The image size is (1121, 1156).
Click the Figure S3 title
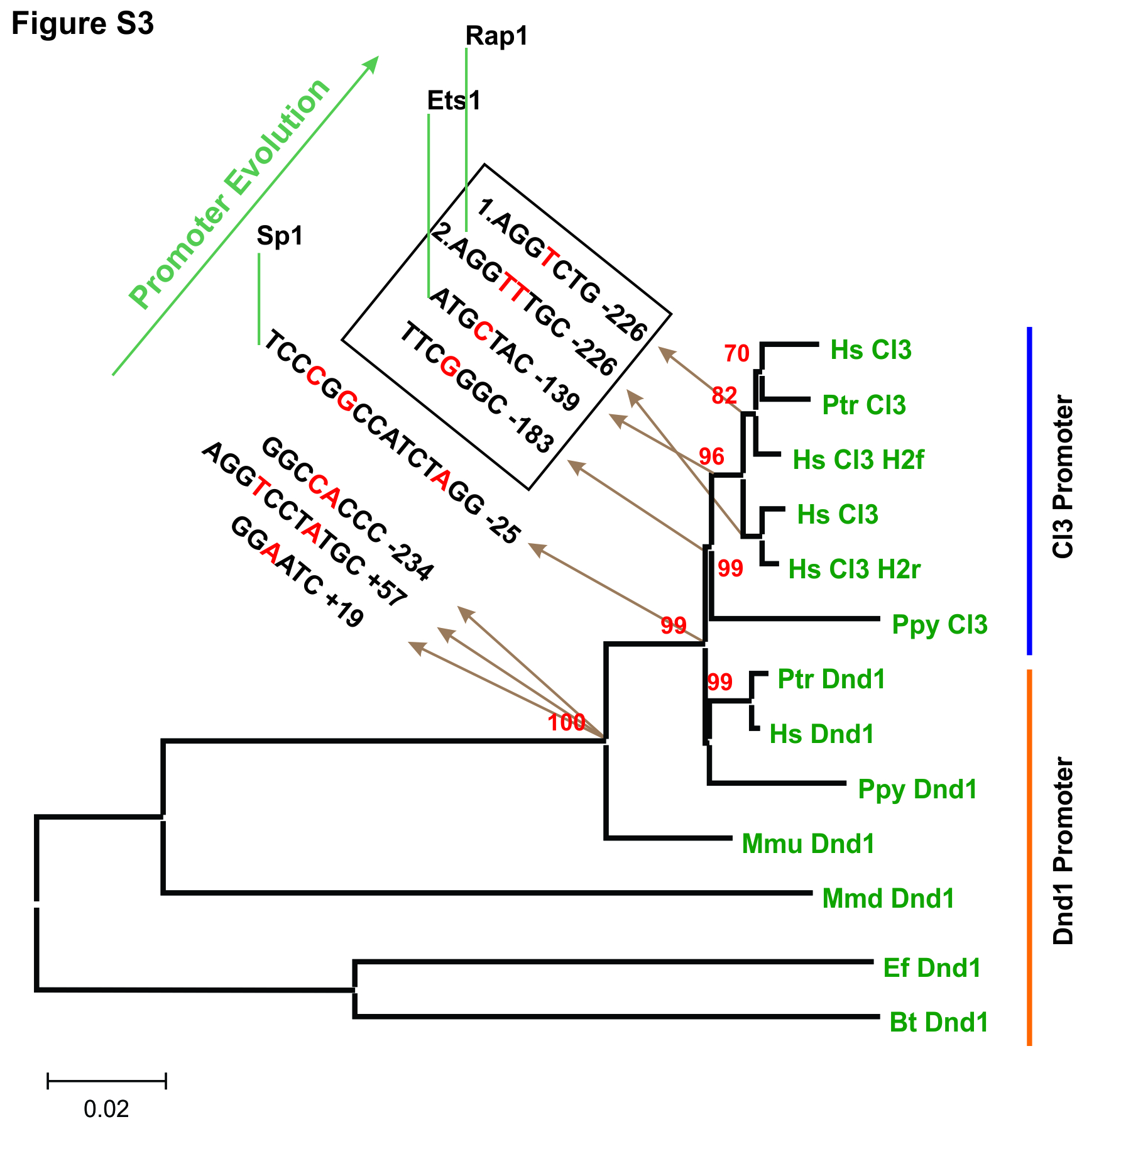click(82, 24)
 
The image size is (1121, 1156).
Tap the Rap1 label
click(496, 36)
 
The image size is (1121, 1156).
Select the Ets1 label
click(454, 101)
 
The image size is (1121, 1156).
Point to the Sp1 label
click(280, 236)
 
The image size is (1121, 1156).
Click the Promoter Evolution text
click(229, 194)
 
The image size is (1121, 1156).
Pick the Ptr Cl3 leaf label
click(864, 405)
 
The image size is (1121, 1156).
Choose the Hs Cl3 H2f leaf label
click(858, 460)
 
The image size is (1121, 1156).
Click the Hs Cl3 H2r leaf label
click(854, 570)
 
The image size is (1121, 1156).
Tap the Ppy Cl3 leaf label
click(939, 625)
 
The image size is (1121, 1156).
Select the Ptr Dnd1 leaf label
click(831, 680)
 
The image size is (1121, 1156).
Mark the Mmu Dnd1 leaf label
click(808, 844)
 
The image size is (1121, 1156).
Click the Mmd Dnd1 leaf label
click(888, 899)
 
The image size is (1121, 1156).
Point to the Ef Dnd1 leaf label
click(932, 968)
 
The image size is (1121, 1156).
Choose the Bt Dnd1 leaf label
click(939, 1023)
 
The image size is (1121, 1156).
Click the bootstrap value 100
click(567, 723)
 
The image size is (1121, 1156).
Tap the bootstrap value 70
click(736, 354)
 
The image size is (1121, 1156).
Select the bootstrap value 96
click(711, 457)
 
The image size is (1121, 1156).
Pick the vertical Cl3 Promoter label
click(1063, 476)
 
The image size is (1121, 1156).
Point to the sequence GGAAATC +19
click(297, 572)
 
